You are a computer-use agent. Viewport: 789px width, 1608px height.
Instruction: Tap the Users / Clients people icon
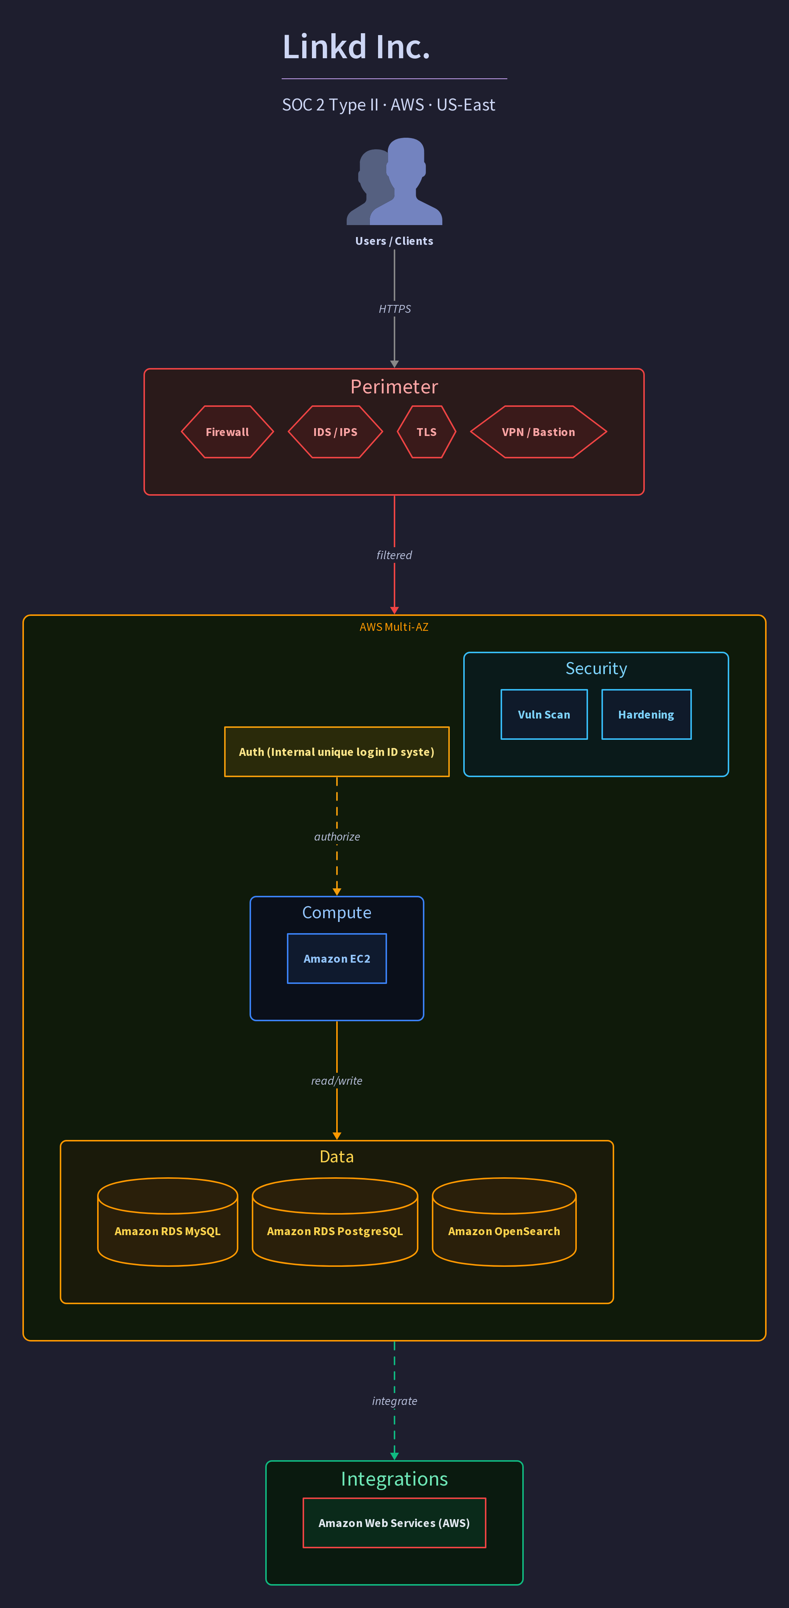pos(394,181)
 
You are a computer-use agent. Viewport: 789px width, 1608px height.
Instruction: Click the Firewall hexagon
pos(228,432)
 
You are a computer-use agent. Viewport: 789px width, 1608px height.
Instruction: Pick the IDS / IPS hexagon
pos(335,432)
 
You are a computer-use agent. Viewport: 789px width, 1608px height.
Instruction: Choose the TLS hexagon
pos(427,432)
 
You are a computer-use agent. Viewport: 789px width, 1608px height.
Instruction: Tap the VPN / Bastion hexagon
pos(538,432)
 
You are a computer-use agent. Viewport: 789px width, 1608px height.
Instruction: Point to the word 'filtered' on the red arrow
pos(394,555)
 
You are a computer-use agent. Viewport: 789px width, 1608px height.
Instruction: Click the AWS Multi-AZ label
pos(394,627)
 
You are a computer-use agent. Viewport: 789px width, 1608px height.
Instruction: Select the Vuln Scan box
pos(544,715)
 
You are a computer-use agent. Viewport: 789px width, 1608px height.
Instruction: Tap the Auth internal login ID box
pos(337,752)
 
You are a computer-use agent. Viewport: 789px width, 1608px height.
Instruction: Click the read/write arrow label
pos(337,1081)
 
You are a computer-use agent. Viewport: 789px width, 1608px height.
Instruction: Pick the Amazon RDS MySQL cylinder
pos(167,1222)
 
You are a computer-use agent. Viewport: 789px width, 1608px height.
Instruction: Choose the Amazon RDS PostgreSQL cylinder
pos(335,1222)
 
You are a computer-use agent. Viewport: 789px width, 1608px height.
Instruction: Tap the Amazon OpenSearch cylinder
pos(504,1222)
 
